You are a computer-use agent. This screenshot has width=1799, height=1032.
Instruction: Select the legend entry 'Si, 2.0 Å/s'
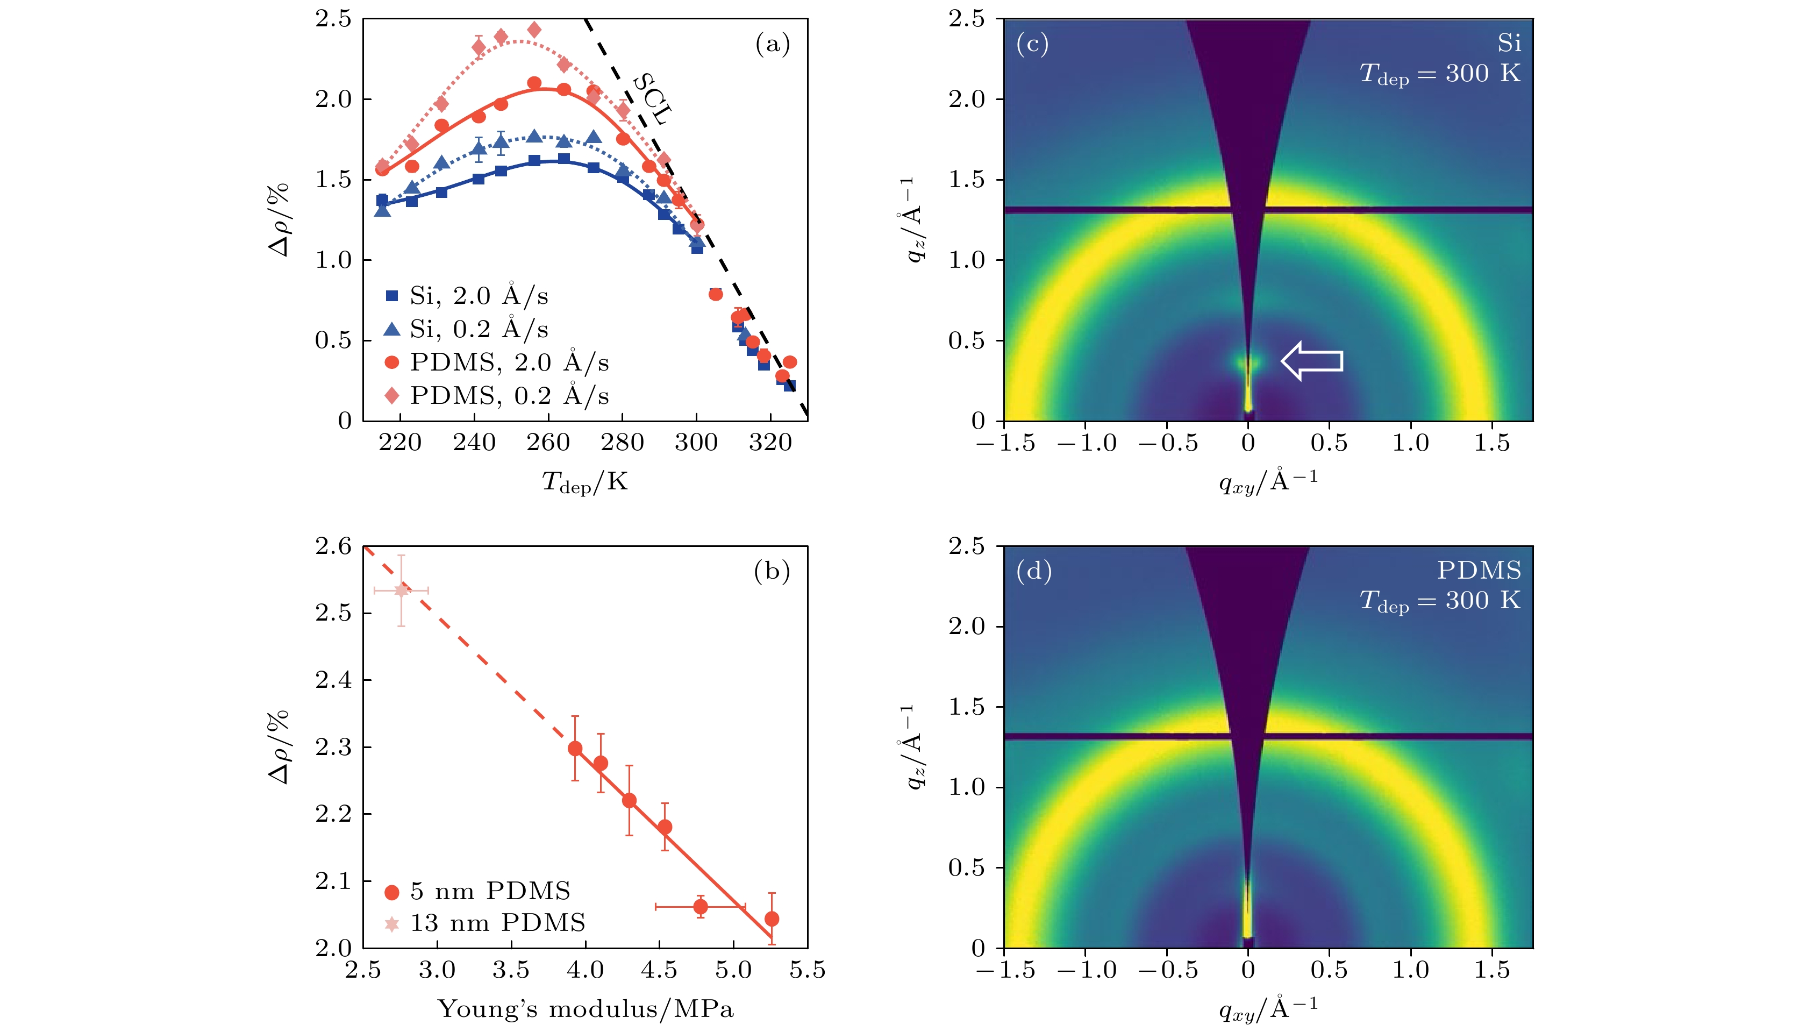click(x=467, y=296)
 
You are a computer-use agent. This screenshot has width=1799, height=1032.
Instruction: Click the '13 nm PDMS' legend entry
click(x=486, y=923)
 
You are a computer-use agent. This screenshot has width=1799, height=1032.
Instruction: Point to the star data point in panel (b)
click(x=402, y=590)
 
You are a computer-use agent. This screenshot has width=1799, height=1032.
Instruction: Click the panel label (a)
click(x=772, y=44)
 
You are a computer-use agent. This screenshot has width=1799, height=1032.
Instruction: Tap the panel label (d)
click(x=1034, y=571)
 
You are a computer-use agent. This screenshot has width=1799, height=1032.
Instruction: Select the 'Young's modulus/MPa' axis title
click(x=586, y=1008)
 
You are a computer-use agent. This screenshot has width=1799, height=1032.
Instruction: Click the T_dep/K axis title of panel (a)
click(x=586, y=482)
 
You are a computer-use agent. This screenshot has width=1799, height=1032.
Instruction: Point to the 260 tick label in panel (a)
click(x=548, y=443)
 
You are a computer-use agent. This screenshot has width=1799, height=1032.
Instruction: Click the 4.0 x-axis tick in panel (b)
click(x=586, y=970)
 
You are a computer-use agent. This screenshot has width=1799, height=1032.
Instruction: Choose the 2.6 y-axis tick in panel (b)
click(x=333, y=546)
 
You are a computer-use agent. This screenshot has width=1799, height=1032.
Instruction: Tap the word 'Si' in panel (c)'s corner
click(x=1509, y=44)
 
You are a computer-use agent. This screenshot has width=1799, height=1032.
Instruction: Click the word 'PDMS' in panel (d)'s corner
click(x=1479, y=571)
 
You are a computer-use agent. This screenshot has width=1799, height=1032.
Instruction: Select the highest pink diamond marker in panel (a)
click(x=534, y=30)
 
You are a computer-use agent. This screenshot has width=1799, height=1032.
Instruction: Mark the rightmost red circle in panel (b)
click(x=772, y=919)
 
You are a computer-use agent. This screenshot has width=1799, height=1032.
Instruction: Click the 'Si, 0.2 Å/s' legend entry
click(x=467, y=329)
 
